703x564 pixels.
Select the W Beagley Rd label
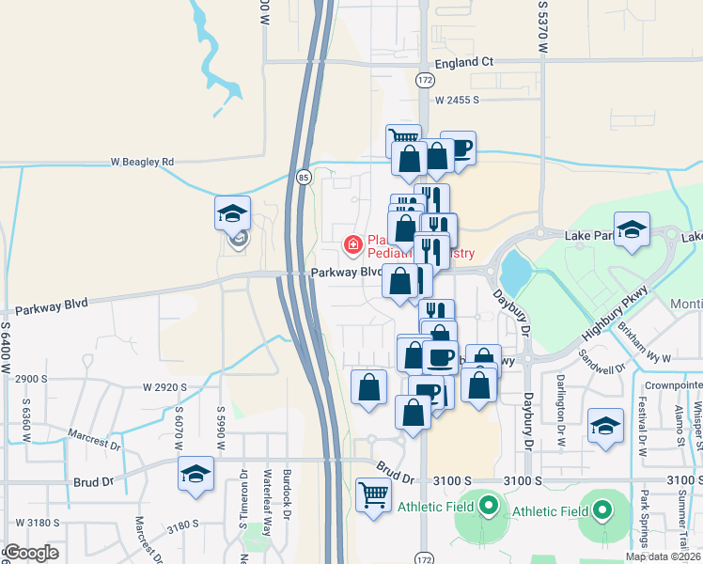(x=142, y=162)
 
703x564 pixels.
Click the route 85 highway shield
(x=303, y=176)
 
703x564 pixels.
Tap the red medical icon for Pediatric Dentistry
(x=353, y=245)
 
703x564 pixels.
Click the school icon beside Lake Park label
(x=633, y=231)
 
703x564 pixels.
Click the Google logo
(x=32, y=553)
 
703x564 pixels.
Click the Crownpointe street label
(x=672, y=386)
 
